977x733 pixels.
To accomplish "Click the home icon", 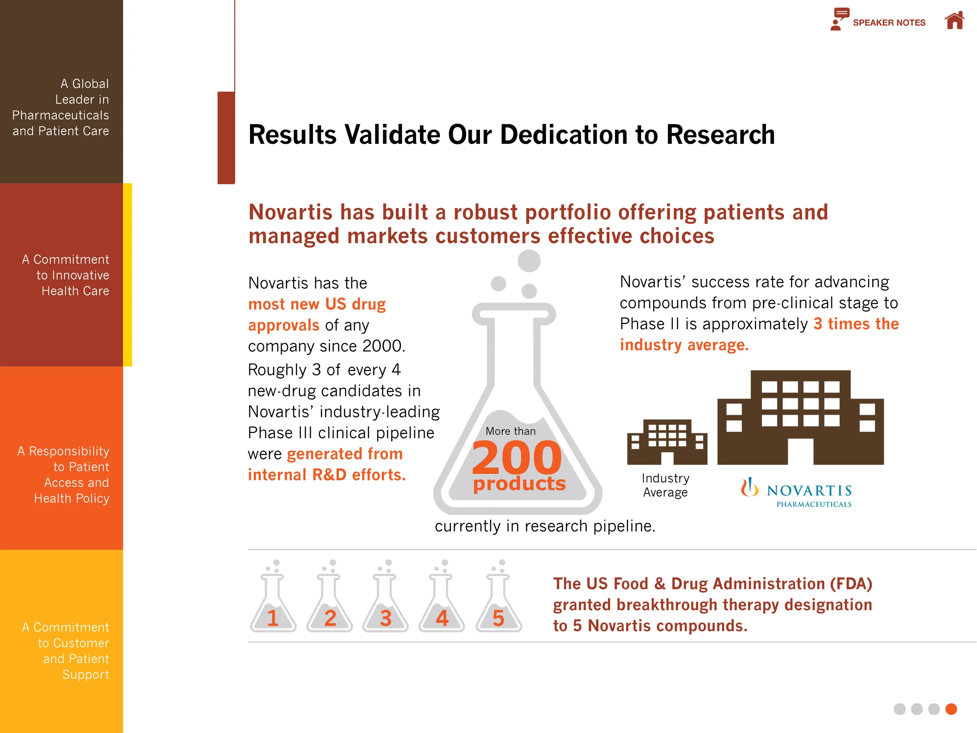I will [x=954, y=20].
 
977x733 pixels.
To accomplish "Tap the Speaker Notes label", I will [x=889, y=23].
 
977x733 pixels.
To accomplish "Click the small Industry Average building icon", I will [x=667, y=442].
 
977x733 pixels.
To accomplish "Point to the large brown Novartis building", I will [x=800, y=418].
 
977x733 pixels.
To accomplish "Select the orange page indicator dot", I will [x=951, y=709].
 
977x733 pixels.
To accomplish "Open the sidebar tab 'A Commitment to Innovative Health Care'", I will [x=61, y=275].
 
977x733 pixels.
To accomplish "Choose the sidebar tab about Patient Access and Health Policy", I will [x=61, y=475].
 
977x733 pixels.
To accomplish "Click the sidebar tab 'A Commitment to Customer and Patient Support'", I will [x=61, y=651].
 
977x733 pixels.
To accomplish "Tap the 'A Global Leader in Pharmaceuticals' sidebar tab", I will [x=61, y=107].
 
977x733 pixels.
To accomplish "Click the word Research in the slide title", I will [x=720, y=135].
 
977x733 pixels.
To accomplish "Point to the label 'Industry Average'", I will [x=665, y=485].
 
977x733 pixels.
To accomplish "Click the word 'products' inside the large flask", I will [x=519, y=483].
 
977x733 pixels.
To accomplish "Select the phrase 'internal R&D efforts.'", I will [x=326, y=475].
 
